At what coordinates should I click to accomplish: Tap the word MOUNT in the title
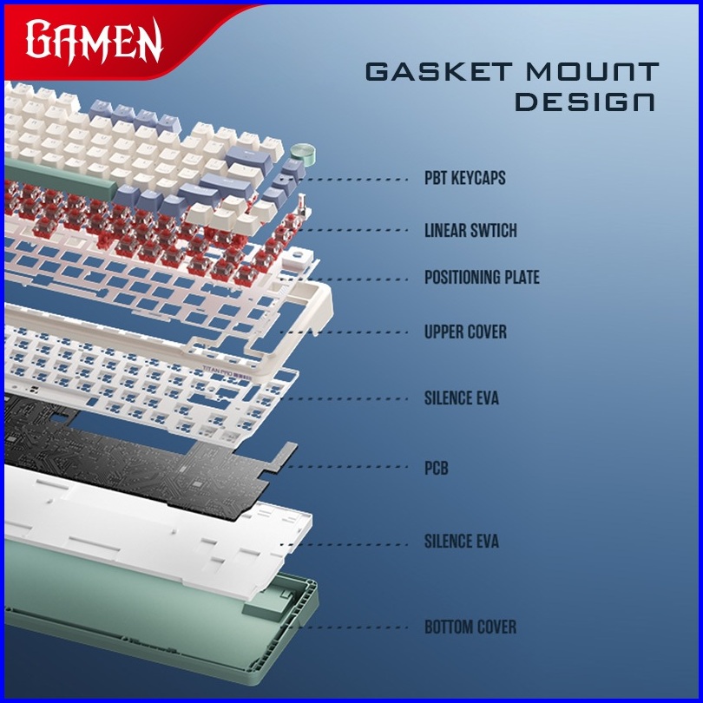(x=593, y=72)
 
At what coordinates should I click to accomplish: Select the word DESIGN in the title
(x=585, y=102)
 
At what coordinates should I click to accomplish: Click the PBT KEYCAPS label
(x=464, y=179)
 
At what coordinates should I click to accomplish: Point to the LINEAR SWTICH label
(x=470, y=231)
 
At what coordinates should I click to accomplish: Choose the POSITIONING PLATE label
(x=482, y=278)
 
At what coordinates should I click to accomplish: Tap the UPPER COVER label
(x=465, y=332)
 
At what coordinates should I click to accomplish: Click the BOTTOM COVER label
(x=470, y=627)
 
